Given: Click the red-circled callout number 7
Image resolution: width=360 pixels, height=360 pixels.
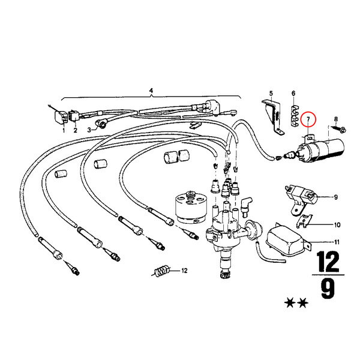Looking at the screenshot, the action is coord(308,119).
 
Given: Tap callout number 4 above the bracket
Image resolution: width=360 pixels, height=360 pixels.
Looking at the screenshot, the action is coord(151,91).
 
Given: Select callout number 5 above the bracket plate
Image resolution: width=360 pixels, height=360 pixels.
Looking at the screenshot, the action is coord(271,94).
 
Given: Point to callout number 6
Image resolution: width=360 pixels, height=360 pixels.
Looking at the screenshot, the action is coord(293,93).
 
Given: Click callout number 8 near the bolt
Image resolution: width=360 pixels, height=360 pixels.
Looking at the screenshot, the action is coord(336,119).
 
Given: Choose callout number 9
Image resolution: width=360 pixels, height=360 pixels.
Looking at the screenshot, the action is coord(335,197).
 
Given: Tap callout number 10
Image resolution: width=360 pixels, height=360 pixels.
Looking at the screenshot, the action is coord(337,224).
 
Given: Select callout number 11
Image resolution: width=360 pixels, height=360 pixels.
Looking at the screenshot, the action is coord(337,242).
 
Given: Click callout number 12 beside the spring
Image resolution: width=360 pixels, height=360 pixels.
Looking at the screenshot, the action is coord(184,271).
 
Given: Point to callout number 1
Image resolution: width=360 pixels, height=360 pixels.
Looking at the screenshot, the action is coord(64,130).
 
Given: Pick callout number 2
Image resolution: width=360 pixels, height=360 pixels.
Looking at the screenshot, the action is coord(76,130).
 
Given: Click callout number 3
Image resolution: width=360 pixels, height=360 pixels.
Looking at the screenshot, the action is coord(89,130).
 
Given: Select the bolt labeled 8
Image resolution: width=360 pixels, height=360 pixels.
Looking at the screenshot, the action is coord(339,128).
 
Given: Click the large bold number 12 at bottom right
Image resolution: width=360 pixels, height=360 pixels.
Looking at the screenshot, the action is coord(328,262).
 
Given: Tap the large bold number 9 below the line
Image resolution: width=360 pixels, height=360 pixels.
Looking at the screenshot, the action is coord(328,289).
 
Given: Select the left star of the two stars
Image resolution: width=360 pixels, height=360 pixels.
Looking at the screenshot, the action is coord(290,303).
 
